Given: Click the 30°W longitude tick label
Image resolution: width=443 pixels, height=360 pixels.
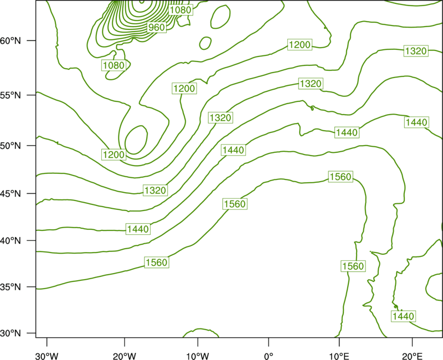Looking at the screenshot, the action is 47,356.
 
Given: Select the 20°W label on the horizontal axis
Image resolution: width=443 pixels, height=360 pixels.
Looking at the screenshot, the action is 124,356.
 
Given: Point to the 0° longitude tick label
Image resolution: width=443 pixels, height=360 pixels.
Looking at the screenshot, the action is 269,356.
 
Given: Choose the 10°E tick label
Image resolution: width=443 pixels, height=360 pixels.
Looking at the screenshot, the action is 339,356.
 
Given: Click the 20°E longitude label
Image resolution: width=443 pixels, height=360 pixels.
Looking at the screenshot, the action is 412,356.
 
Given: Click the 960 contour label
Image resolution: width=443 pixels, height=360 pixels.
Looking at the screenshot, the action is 157,27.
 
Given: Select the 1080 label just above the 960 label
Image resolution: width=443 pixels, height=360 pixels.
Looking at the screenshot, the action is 181,10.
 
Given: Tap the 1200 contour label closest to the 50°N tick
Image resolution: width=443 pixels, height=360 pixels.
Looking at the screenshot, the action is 114,155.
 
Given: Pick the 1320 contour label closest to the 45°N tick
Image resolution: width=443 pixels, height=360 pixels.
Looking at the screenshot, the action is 155,190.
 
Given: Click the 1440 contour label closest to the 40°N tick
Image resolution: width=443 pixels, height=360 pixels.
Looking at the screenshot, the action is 138,229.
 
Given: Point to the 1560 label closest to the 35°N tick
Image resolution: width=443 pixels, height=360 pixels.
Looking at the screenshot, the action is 157,263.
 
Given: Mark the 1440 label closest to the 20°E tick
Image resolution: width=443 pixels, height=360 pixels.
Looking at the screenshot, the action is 404,316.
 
